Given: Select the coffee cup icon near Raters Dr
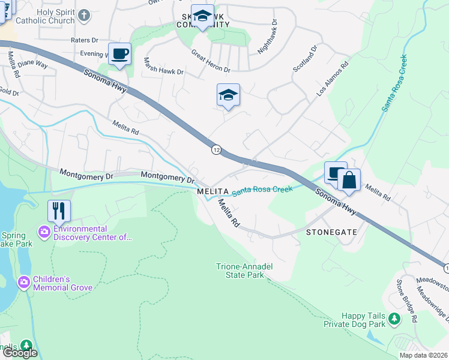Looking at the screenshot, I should (119, 53).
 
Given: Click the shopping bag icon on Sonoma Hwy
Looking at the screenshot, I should (349, 179).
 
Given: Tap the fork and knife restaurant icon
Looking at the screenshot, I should (59, 211).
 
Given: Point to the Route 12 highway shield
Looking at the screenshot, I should (215, 148).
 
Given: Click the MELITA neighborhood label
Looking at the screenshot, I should (213, 191).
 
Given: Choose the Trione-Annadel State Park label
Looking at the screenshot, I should (240, 271).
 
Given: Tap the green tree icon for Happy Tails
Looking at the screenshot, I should (394, 317).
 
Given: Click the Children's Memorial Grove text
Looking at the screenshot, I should (63, 283).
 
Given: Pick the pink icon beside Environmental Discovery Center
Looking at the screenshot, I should (43, 231).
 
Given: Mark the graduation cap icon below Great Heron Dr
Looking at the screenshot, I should (228, 94).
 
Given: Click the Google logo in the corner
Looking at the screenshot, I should (20, 353).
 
